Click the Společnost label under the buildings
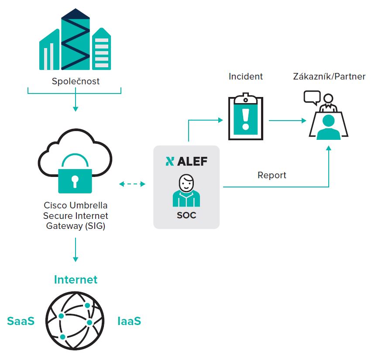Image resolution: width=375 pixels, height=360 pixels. point(76,81)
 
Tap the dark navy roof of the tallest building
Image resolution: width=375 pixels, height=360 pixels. point(76,14)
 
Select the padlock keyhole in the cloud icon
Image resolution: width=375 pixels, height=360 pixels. point(75,181)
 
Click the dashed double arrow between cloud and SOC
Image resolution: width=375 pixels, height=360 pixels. point(132,184)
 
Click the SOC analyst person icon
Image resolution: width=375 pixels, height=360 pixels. point(186,190)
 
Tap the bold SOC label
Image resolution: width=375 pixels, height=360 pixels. point(186,215)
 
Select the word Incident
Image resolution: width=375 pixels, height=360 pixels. point(246,76)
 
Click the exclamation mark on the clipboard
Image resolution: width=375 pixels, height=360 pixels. point(246,119)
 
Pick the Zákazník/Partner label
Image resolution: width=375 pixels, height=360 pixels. point(329,76)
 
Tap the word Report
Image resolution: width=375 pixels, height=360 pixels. point(272,175)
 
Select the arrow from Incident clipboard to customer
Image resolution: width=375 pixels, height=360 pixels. point(287,121)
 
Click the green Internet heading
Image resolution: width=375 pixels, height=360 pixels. point(76,280)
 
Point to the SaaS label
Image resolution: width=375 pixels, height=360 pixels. point(21,321)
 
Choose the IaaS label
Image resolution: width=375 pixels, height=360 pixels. point(129,321)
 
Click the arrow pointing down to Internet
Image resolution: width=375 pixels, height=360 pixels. point(76,249)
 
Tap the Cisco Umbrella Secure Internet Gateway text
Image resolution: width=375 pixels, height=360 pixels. point(76,215)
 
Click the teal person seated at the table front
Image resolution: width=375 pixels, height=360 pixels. point(328,127)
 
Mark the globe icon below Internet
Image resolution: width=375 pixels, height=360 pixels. point(75,321)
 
